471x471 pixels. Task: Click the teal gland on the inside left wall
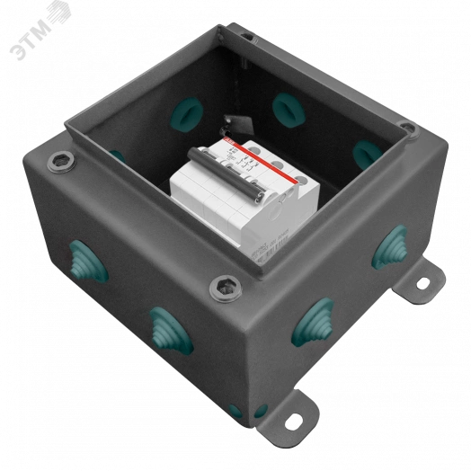pyautogui.click(x=118, y=156)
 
